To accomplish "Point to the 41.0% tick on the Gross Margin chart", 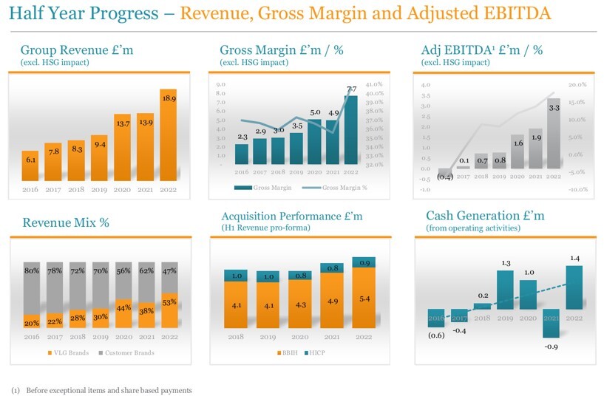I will (x=374, y=85).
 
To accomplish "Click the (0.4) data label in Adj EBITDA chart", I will (x=444, y=177).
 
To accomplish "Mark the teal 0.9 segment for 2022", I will (x=364, y=262).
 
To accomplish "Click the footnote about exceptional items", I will (x=101, y=390).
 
